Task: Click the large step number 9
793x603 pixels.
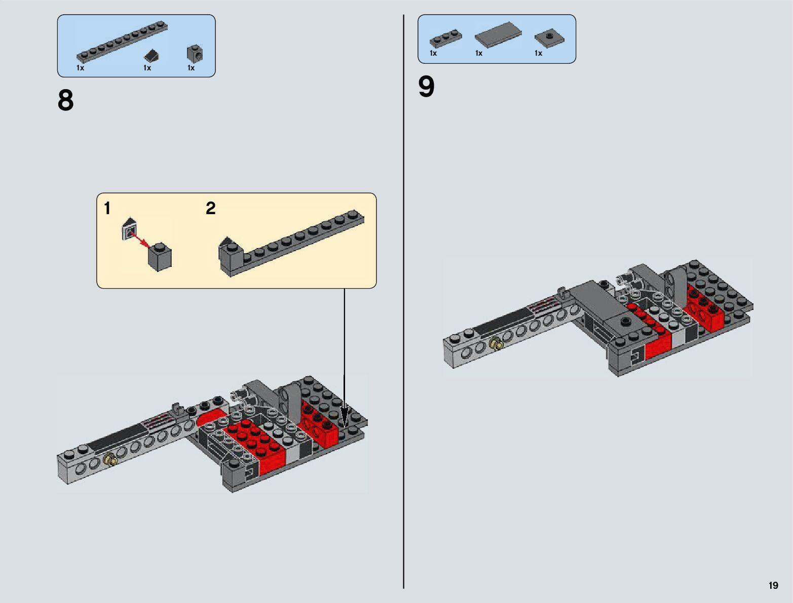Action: coord(426,87)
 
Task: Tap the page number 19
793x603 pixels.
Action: coord(773,585)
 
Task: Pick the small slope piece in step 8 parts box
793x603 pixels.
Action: coord(152,56)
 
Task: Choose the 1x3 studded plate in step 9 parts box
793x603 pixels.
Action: coord(445,40)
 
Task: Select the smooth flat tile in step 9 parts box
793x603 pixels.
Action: coord(498,34)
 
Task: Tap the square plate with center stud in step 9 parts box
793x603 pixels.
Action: coord(549,38)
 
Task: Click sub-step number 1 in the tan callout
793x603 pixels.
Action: coord(107,208)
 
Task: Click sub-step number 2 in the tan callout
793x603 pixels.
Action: coord(211,208)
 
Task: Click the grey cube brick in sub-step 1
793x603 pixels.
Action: coord(160,257)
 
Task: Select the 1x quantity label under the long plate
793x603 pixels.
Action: coord(80,68)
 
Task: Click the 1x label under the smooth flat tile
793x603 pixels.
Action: coord(479,53)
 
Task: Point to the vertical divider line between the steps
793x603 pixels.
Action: coord(403,301)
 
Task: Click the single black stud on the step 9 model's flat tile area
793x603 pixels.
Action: coord(625,320)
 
